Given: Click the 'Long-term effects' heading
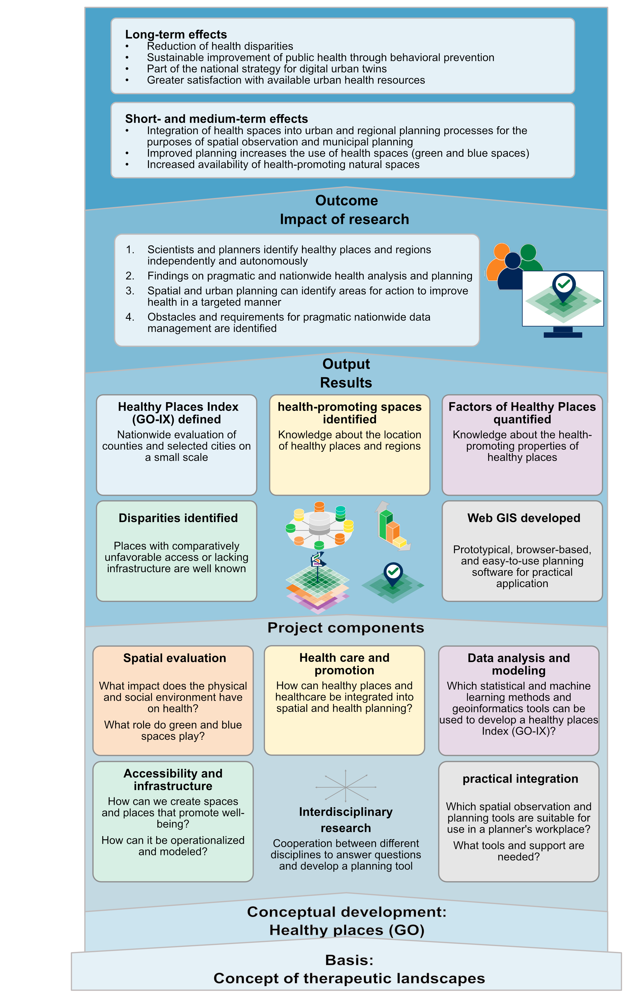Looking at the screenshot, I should point(176,34).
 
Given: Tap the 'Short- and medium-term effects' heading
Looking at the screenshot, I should point(216,119).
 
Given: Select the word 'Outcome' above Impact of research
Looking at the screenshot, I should point(346,201).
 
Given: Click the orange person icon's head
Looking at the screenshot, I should point(502,251).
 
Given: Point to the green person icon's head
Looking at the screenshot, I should point(528,252).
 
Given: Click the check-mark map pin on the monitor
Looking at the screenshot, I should point(563,285).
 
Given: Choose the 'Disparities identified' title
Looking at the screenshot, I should point(178,518).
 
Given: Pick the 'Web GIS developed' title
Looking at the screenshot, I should point(523,518).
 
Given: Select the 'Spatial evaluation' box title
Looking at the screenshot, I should point(174,658).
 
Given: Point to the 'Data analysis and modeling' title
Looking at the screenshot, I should point(519,664).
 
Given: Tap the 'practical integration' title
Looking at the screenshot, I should point(520,779).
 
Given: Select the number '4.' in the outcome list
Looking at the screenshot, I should point(130,317).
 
